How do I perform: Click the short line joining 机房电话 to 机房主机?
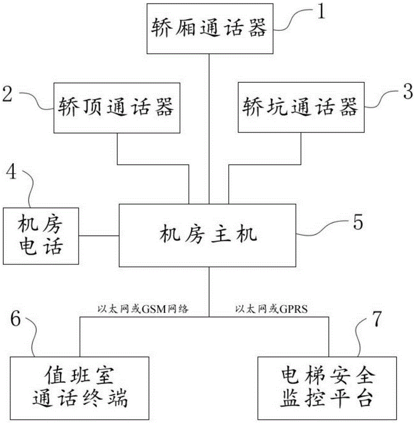pyautogui.click(x=99, y=235)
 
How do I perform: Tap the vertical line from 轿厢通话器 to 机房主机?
pyautogui.click(x=209, y=127)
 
